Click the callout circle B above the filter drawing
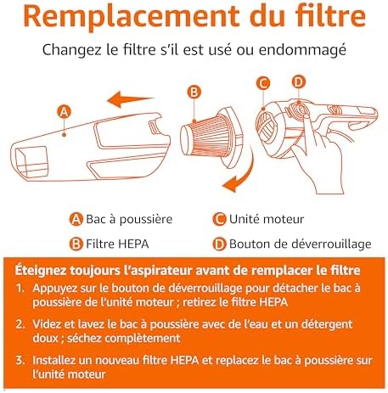point(194,92)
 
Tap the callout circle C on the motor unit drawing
point(262,83)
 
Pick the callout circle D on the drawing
point(298,82)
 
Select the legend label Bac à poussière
point(128,219)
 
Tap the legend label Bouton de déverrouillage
point(300,244)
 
